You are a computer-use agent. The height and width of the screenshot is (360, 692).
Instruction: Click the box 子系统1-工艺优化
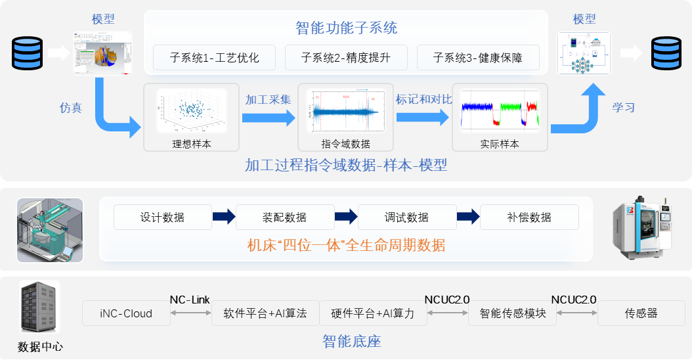pyautogui.click(x=215, y=58)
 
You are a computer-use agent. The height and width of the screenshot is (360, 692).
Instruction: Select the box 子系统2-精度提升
pyautogui.click(x=346, y=58)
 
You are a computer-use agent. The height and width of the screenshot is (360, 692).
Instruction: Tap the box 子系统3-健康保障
pyautogui.click(x=478, y=58)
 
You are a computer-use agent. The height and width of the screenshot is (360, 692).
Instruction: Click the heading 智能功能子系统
pyautogui.click(x=346, y=28)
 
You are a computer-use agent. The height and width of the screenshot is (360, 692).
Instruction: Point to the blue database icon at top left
pyautogui.click(x=28, y=53)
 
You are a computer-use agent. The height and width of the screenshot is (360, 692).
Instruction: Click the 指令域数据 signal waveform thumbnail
pyautogui.click(x=346, y=111)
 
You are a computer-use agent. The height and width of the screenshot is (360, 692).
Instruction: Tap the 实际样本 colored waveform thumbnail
pyautogui.click(x=500, y=111)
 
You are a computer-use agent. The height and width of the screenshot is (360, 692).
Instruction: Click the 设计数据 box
pyautogui.click(x=162, y=217)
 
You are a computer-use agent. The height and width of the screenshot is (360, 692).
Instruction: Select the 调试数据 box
pyautogui.click(x=406, y=217)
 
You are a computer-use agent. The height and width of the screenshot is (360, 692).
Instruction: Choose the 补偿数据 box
pyautogui.click(x=529, y=217)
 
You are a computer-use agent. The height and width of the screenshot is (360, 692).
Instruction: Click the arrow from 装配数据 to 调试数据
pyautogui.click(x=345, y=217)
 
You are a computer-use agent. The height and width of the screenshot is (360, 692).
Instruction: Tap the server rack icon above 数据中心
pyautogui.click(x=40, y=308)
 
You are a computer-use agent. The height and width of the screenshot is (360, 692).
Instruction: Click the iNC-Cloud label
pyautogui.click(x=126, y=313)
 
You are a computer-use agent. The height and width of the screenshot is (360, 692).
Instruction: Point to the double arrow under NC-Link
pyautogui.click(x=190, y=313)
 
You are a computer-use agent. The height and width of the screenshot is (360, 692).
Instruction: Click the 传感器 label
pyautogui.click(x=641, y=313)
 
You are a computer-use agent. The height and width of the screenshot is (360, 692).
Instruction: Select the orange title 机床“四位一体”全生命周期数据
pyautogui.click(x=346, y=246)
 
